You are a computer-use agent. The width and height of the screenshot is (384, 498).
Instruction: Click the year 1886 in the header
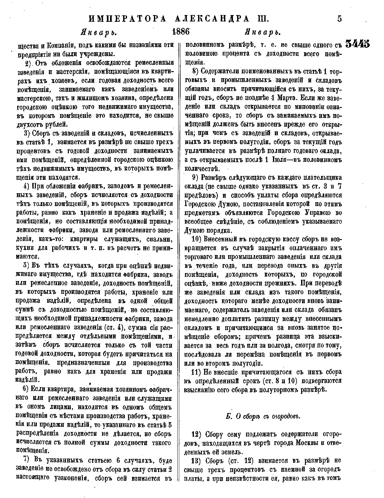[x=181, y=32]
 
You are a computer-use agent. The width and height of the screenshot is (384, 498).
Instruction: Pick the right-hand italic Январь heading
[x=263, y=33]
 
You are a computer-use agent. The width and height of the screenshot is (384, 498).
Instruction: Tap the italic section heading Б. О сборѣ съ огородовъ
[x=262, y=416]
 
